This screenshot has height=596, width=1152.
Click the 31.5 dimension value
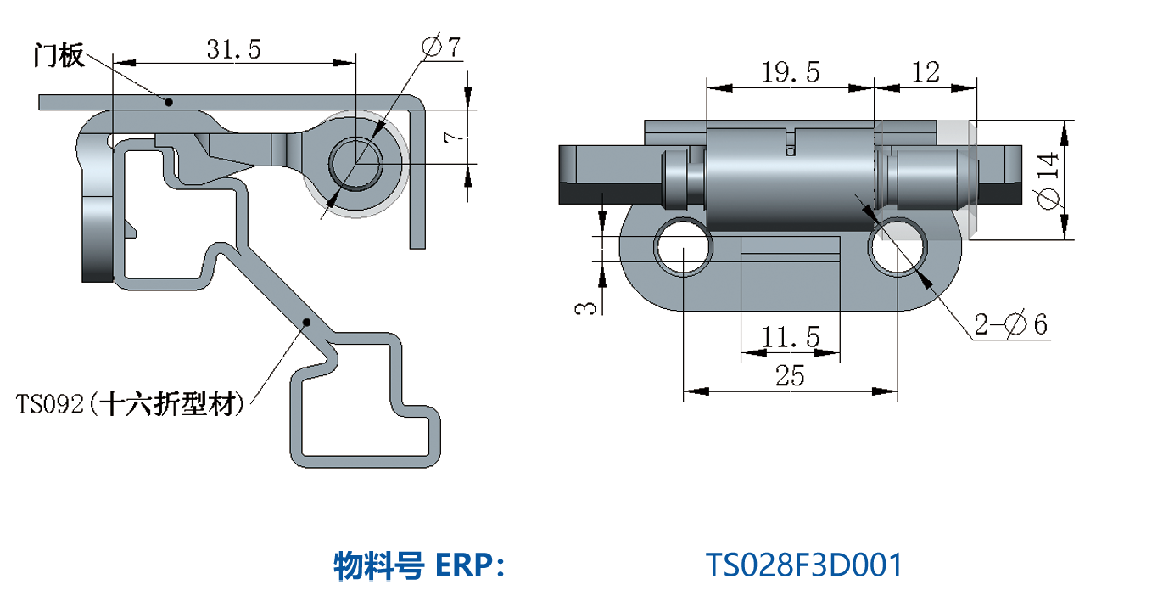tap(233, 49)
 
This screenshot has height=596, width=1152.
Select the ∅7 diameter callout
tap(440, 48)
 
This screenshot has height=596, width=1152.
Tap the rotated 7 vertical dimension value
tap(454, 136)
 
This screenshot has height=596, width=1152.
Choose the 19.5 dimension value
tap(790, 73)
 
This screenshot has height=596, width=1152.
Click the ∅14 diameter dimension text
tap(1050, 180)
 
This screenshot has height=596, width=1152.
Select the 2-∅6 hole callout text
tap(1010, 324)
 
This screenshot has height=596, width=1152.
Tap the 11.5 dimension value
tap(790, 338)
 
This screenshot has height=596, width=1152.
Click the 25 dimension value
tap(790, 375)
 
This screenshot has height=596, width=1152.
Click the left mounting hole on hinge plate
tap(682, 246)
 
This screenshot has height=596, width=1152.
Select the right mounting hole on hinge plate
tap(898, 246)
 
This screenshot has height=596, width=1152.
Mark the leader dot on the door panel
tap(169, 102)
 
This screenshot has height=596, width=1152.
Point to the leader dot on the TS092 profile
tap(307, 322)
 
